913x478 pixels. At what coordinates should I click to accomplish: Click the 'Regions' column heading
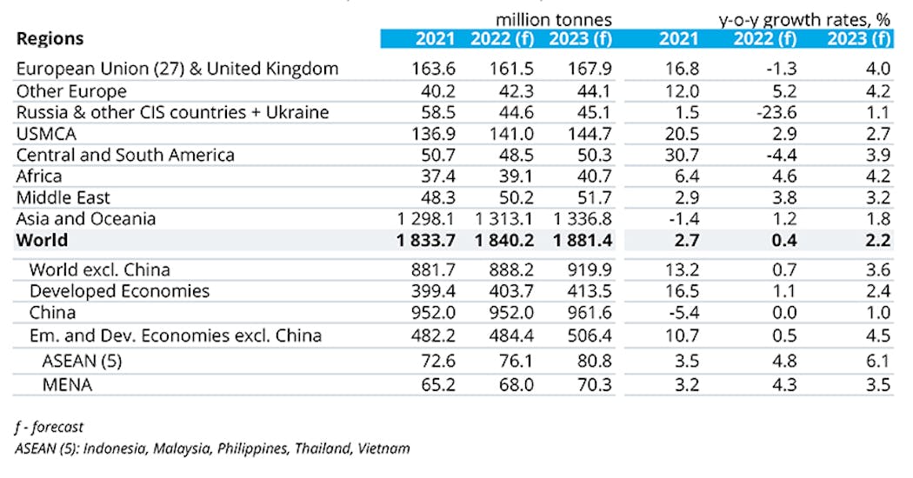click(50, 38)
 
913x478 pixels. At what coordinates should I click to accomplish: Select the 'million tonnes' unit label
click(554, 19)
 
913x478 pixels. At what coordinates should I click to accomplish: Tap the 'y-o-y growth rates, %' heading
click(805, 19)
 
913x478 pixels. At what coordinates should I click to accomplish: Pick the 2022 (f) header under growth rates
click(764, 38)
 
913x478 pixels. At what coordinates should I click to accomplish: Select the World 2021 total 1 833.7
click(423, 240)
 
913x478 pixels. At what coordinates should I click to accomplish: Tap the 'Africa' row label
click(39, 176)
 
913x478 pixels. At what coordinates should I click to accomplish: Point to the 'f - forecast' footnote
click(50, 427)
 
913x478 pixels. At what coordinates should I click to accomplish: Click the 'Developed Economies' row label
click(119, 291)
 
